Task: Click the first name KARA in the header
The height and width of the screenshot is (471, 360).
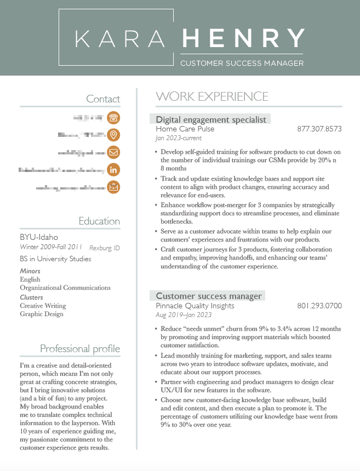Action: tap(119, 38)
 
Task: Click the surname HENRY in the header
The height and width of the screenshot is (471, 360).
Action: tap(243, 38)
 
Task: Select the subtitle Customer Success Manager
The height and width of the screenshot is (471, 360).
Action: tap(242, 63)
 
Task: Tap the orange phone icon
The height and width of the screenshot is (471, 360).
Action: tap(113, 117)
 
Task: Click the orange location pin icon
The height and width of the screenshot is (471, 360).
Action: tap(113, 135)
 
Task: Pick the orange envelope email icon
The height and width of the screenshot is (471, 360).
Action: tap(113, 152)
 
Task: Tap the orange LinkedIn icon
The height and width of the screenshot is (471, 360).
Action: tap(113, 170)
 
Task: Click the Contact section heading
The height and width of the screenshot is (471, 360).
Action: tap(103, 99)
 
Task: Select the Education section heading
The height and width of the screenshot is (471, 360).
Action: tap(99, 221)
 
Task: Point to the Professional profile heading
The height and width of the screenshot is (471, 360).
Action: tap(80, 349)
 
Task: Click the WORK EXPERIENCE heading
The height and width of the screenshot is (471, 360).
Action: tap(212, 97)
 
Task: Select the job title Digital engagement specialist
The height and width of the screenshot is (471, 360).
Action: tap(211, 119)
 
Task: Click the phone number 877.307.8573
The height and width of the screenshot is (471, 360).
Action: tap(319, 129)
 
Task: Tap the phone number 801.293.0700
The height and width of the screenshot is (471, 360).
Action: tap(319, 306)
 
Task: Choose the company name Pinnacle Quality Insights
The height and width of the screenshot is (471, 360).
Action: tap(195, 306)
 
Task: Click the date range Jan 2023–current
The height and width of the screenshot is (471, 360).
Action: tap(179, 139)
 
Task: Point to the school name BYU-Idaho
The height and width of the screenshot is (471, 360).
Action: tap(39, 237)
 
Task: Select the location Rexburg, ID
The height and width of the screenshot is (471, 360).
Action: tap(105, 248)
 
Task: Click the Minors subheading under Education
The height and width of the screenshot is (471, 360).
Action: tap(30, 271)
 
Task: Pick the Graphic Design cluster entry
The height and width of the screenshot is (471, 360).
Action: tap(42, 314)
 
